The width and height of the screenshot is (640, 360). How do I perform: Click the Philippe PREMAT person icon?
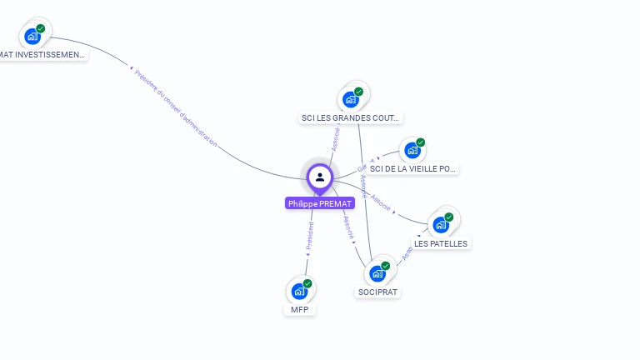pyautogui.click(x=319, y=177)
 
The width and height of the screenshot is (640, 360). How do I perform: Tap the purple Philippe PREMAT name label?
pyautogui.click(x=320, y=203)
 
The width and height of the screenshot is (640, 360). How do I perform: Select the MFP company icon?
pyautogui.click(x=298, y=292)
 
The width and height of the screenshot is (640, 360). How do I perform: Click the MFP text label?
pyautogui.click(x=299, y=309)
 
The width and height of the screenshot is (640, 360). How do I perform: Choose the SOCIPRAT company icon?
pyautogui.click(x=377, y=273)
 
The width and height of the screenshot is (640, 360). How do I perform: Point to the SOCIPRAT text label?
pyautogui.click(x=377, y=292)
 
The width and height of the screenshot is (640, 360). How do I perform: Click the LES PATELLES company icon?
pyautogui.click(x=440, y=225)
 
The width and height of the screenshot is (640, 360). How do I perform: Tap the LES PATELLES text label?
pyautogui.click(x=442, y=243)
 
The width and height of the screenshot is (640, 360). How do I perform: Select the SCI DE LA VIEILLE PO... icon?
pyautogui.click(x=412, y=151)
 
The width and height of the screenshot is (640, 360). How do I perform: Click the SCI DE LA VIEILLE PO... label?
pyautogui.click(x=412, y=168)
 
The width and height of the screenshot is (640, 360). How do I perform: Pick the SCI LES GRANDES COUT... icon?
pyautogui.click(x=350, y=99)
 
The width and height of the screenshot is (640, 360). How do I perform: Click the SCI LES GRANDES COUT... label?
pyautogui.click(x=351, y=117)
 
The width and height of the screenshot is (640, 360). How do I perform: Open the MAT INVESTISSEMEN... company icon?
pyautogui.click(x=32, y=36)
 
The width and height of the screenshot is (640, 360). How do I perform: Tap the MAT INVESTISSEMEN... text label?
pyautogui.click(x=42, y=55)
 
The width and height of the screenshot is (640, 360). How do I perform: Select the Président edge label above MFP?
pyautogui.click(x=310, y=236)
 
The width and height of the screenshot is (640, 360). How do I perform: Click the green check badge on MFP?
pyautogui.click(x=307, y=283)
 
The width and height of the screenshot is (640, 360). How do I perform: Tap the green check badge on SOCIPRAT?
pyautogui.click(x=385, y=266)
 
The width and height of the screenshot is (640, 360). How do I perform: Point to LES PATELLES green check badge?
pyautogui.click(x=449, y=217)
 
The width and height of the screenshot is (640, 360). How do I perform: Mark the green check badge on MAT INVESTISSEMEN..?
pyautogui.click(x=40, y=28)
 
